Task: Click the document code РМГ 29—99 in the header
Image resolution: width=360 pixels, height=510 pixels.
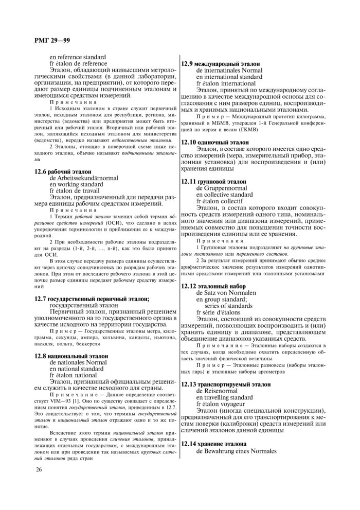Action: [x=52, y=40]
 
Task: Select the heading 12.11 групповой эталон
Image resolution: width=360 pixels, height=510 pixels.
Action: [x=214, y=182]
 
